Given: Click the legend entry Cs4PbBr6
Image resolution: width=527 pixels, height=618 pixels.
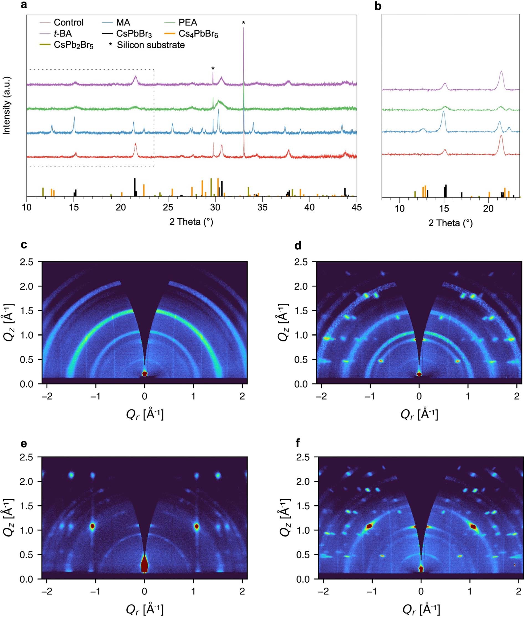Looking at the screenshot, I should (x=198, y=34).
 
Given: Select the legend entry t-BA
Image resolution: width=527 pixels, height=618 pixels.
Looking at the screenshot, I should (x=63, y=34).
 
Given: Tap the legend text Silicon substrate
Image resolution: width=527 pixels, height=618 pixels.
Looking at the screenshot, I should (x=151, y=45).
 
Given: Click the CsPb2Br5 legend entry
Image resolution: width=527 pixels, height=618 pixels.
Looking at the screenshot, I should (x=73, y=45).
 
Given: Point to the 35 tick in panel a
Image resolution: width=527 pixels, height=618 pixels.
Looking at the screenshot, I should (x=262, y=207).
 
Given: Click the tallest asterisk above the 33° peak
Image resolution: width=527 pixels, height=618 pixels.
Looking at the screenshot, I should (x=244, y=23).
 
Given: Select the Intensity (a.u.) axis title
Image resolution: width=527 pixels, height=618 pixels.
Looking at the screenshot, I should (x=7, y=105).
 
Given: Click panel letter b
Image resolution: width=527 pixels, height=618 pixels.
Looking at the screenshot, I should (x=377, y=6).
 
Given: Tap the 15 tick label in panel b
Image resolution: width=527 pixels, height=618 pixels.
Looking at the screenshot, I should (x=444, y=208).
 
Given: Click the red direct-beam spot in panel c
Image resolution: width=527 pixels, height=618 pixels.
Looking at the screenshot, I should (x=144, y=374).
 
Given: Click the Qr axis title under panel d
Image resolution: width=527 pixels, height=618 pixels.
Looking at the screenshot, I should (x=419, y=414).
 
